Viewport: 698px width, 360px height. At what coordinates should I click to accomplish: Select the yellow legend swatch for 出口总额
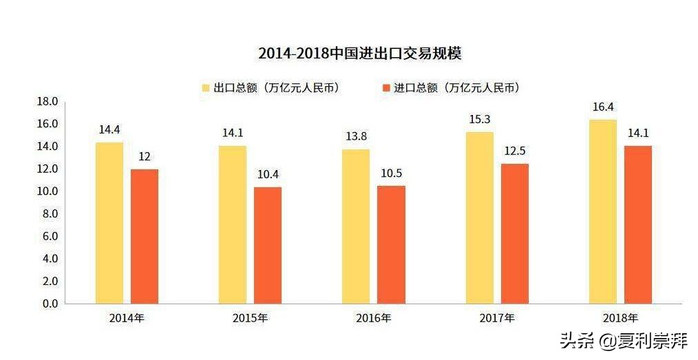(205, 88)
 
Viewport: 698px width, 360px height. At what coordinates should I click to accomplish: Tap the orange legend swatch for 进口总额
(385, 88)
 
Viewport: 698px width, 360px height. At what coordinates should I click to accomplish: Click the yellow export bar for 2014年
(109, 223)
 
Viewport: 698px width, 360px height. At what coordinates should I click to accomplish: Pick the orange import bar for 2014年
(145, 236)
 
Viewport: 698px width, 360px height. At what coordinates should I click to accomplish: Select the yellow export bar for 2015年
(233, 224)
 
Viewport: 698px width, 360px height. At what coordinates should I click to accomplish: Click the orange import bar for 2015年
(268, 245)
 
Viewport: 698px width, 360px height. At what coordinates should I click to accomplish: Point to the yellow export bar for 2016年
(356, 226)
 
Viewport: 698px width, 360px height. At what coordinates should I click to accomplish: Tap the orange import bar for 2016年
(391, 244)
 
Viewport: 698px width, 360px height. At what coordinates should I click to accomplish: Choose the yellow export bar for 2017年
(480, 218)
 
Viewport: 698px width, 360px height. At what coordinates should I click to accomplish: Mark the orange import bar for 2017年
(515, 233)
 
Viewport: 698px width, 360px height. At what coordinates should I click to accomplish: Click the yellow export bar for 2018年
(603, 211)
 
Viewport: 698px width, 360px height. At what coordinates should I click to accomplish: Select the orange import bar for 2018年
(638, 224)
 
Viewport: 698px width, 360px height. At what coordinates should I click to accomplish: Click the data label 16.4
(603, 107)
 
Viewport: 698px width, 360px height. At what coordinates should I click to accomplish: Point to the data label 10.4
(268, 174)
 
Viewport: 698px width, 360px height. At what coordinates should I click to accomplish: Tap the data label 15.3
(480, 119)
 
